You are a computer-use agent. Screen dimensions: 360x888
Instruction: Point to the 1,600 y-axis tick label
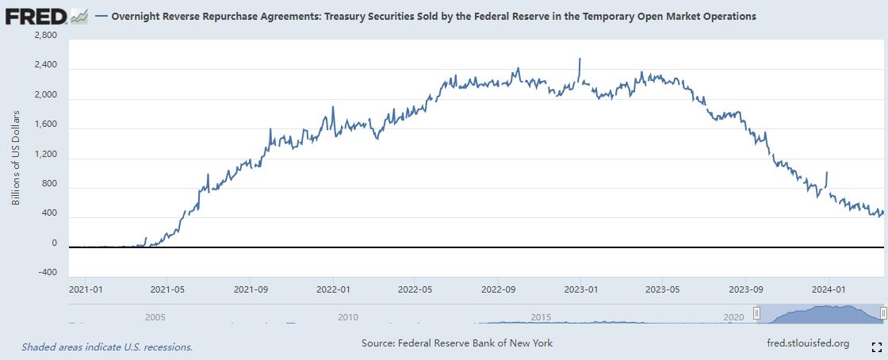(x=46, y=125)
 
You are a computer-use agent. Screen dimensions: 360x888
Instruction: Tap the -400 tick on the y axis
(x=47, y=272)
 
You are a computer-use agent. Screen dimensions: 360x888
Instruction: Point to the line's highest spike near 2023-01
(x=580, y=59)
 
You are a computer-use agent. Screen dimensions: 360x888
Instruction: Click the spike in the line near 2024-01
(x=827, y=172)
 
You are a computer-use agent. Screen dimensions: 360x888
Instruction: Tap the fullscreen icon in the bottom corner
(x=877, y=347)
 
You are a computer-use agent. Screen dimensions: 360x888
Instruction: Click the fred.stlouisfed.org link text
(x=808, y=343)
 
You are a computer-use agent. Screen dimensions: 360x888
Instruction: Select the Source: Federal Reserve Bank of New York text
(x=457, y=343)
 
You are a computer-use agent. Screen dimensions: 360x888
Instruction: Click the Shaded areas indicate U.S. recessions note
(x=107, y=347)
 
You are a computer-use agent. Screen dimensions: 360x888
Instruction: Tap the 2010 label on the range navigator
(x=347, y=317)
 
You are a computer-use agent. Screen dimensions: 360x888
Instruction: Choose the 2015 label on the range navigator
(x=541, y=317)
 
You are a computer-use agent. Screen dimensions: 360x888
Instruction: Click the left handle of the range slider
(x=757, y=314)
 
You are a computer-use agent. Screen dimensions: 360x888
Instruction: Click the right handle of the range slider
(x=882, y=314)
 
